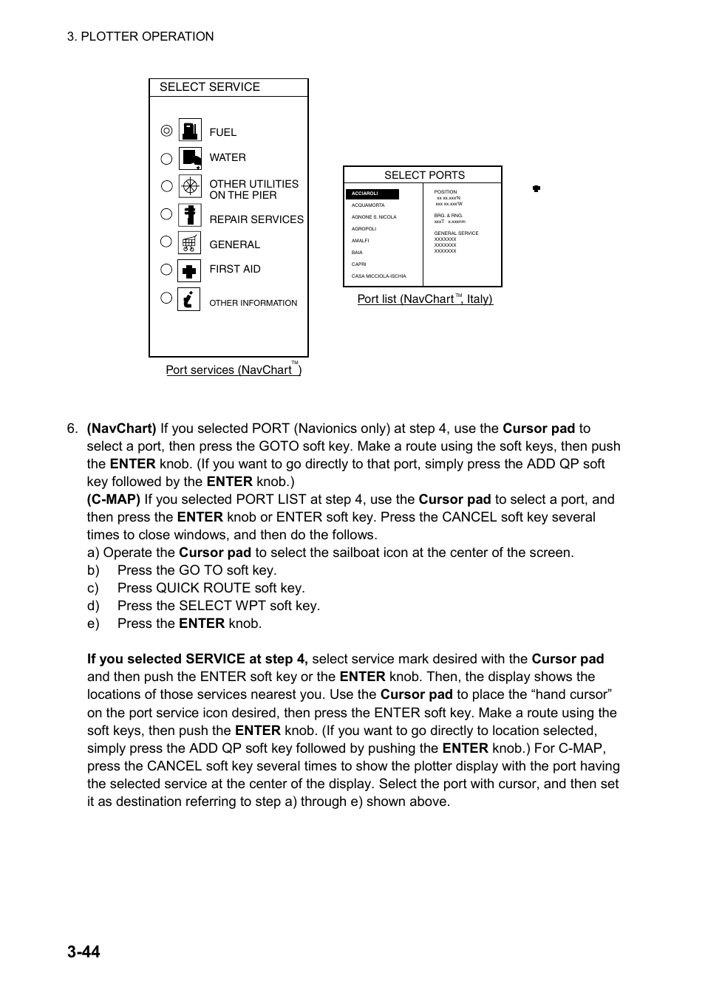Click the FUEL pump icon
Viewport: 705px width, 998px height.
click(190, 130)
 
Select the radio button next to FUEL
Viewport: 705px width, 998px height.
click(166, 131)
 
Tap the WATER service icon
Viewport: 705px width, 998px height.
click(190, 158)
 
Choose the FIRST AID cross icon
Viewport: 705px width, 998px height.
click(190, 270)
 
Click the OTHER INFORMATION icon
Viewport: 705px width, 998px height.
click(189, 299)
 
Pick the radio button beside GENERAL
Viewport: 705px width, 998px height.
click(166, 242)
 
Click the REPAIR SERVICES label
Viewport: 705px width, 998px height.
click(256, 219)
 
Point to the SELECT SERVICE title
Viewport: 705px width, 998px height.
click(210, 87)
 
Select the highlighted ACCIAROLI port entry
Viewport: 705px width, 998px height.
click(372, 194)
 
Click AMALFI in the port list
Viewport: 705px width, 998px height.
click(360, 241)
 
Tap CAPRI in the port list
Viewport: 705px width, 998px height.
click(358, 264)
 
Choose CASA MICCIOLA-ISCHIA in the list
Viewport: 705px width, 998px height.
click(378, 276)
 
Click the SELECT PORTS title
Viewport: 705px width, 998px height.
click(424, 175)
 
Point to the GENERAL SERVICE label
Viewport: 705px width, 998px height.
click(456, 233)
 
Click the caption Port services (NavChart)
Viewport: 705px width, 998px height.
click(233, 370)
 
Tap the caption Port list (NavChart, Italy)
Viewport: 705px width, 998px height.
click(424, 299)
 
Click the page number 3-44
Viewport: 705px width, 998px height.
click(84, 951)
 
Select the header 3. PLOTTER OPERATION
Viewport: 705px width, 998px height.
click(140, 36)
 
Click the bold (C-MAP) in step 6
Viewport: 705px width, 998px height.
click(113, 499)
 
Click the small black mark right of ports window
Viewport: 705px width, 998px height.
click(537, 188)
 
